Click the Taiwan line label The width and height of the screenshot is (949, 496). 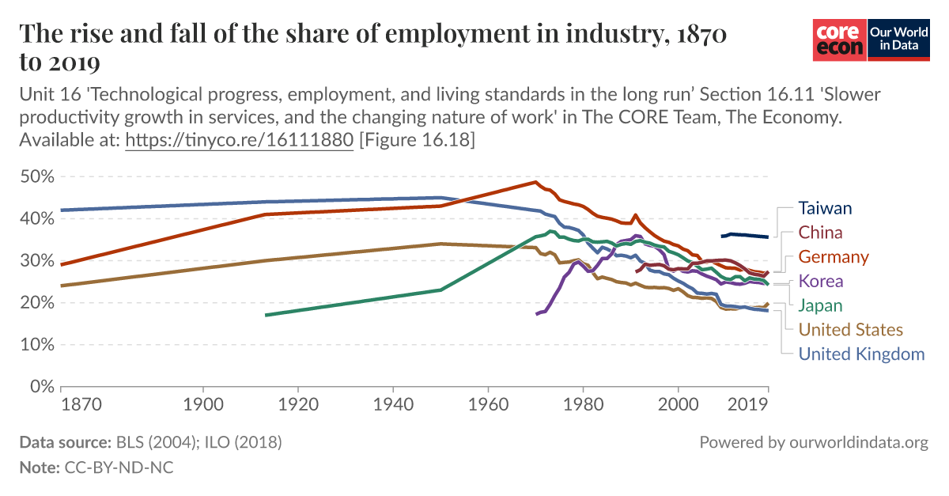pos(825,208)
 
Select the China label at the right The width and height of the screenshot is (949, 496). pos(820,233)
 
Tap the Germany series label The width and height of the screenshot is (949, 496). pos(834,257)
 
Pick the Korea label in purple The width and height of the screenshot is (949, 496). pos(821,281)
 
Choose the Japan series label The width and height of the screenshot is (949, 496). pos(820,305)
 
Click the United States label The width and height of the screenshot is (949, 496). pos(850,329)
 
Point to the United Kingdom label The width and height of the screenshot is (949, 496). pos(861,354)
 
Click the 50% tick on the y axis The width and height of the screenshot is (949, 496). pos(36,176)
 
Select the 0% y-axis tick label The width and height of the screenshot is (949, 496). pos(41,387)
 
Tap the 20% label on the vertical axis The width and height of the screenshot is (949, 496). pos(36,302)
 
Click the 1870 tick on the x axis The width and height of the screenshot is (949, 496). pos(80,403)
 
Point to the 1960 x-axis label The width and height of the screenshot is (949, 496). pos(488,403)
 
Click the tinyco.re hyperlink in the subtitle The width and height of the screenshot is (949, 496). pos(240,140)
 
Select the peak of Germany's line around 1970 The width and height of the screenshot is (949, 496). pos(535,182)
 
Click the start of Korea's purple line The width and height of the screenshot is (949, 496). pos(537,314)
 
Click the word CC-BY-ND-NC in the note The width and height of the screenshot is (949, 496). pos(118,468)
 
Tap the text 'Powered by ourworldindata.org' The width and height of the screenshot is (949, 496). pos(814,442)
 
